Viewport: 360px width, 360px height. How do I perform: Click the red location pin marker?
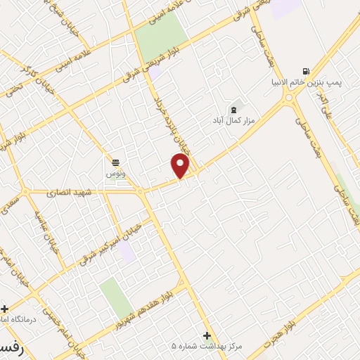[181, 165]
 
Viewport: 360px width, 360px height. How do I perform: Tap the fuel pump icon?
[305, 72]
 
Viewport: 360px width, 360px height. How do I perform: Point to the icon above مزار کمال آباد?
[234, 110]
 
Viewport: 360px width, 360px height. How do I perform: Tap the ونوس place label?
[115, 173]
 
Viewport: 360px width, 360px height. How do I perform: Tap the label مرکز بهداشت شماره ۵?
[207, 346]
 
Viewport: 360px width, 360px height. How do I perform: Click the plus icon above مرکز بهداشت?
[207, 335]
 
